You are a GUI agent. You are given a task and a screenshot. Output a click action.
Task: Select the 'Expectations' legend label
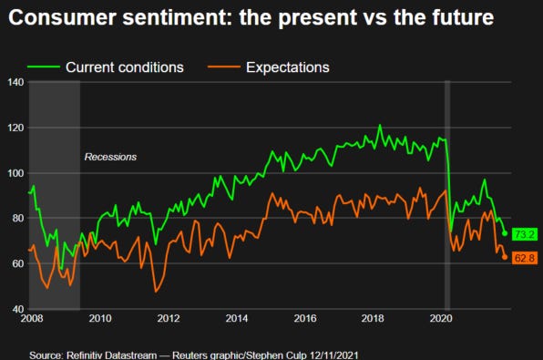pos(287,67)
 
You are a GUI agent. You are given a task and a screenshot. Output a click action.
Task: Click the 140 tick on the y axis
pos(15,83)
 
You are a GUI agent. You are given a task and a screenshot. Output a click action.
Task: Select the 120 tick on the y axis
pos(15,128)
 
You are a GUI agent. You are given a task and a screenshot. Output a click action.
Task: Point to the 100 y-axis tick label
pos(15,173)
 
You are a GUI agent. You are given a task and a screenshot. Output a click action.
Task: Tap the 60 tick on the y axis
pos(15,263)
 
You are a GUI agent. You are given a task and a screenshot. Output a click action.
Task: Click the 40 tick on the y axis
pos(15,309)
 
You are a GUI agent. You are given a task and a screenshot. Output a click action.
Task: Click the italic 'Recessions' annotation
pos(110,157)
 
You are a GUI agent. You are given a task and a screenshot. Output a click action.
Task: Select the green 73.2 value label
pos(523,234)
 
